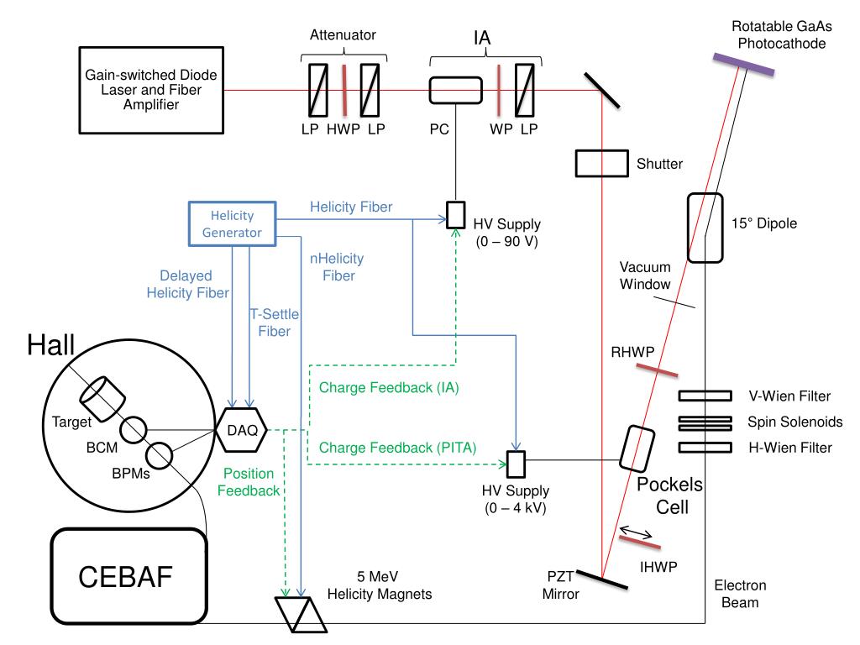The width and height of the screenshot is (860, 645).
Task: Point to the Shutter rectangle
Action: [x=600, y=164]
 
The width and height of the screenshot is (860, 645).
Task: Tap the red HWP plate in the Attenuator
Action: [x=344, y=91]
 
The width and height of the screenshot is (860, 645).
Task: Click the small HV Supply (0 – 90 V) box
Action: [x=455, y=214]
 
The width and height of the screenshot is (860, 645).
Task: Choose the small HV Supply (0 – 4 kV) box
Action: [x=516, y=462]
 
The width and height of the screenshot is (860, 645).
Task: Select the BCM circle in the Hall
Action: [x=133, y=431]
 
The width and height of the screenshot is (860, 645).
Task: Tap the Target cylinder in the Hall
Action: [x=102, y=394]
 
